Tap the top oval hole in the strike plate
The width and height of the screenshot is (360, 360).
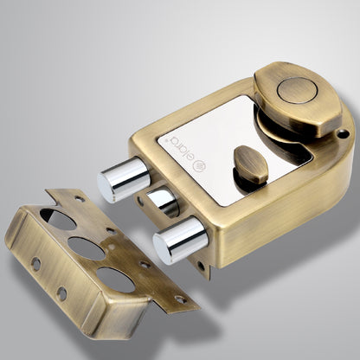[60, 219]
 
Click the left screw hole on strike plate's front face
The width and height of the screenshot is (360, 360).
[35, 263]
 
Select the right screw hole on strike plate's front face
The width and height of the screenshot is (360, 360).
[62, 294]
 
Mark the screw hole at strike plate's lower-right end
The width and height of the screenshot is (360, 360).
[180, 299]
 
